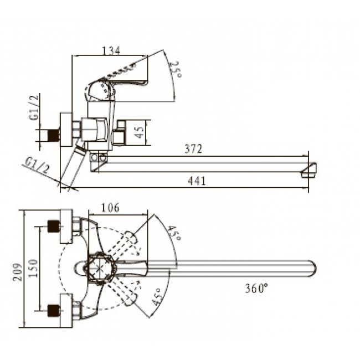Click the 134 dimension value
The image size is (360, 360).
111,51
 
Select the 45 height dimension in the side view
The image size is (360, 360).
140,132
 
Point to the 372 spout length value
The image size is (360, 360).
194,148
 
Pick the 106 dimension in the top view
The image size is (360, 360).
111,208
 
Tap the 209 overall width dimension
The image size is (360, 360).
19,269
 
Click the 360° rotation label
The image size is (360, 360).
256,289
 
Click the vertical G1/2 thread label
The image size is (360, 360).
35,109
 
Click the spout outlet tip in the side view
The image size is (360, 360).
308,170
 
